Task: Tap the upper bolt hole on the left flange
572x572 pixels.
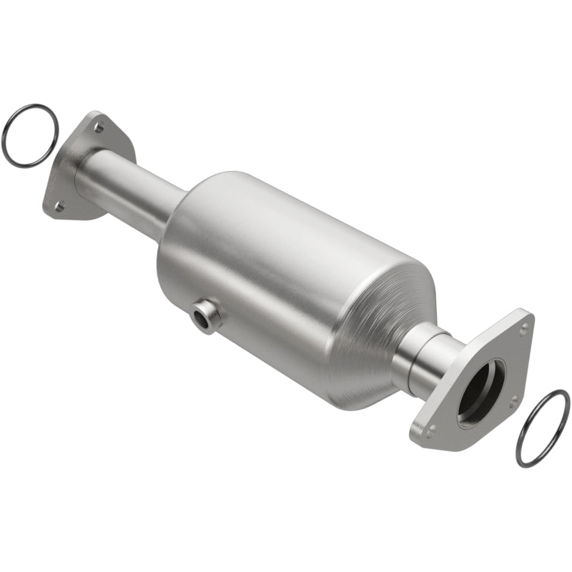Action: [x=99, y=128]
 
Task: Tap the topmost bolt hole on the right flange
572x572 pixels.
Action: [x=523, y=330]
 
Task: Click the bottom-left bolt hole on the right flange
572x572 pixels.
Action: [x=431, y=430]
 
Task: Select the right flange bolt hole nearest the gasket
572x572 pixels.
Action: [x=512, y=398]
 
